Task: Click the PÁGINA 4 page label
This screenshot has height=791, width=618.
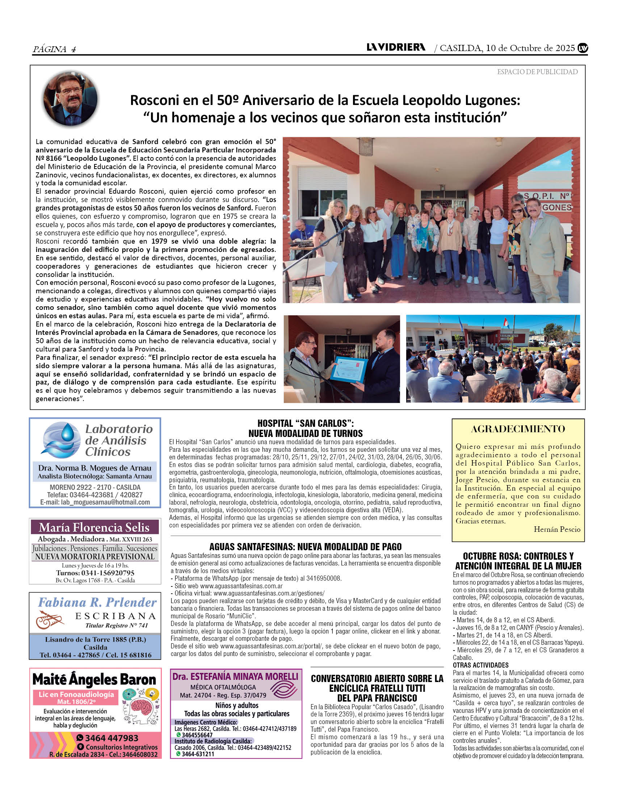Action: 54,49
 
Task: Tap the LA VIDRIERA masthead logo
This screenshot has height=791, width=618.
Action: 396,47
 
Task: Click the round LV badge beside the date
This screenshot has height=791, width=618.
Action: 583,48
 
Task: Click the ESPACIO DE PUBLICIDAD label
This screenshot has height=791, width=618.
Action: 537,72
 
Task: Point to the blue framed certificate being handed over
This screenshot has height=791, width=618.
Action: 349,369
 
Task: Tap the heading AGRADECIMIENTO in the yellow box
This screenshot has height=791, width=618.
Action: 518,429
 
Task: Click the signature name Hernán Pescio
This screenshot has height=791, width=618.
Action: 557,529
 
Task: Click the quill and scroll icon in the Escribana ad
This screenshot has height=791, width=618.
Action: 50,620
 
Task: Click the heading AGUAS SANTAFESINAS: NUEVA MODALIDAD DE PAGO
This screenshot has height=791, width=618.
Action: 305,547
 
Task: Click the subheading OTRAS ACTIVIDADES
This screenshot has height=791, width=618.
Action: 480,665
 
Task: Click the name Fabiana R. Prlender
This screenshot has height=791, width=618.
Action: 97,602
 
